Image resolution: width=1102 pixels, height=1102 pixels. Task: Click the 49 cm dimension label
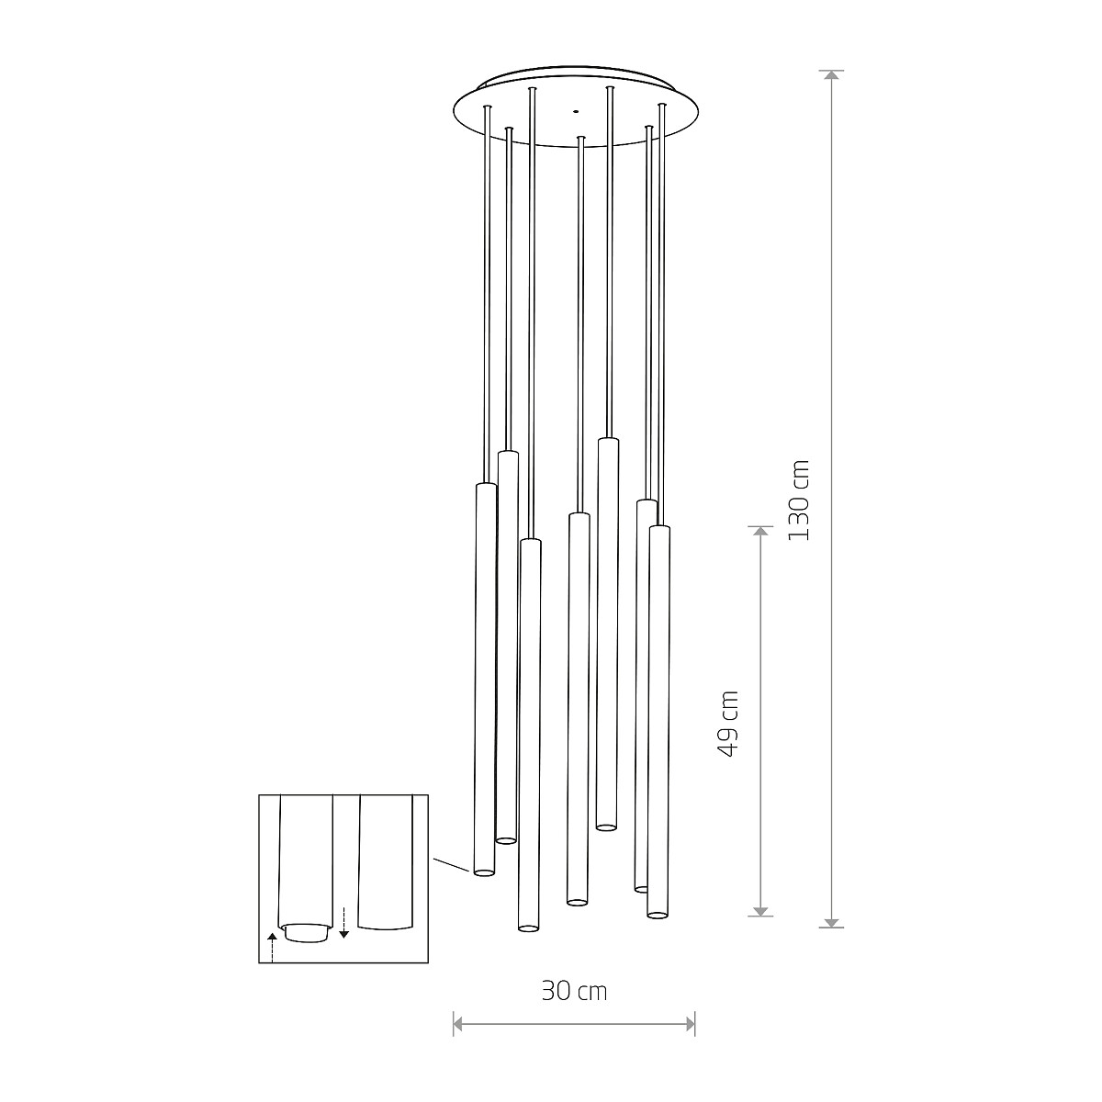(728, 724)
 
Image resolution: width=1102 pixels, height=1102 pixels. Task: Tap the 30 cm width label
(574, 991)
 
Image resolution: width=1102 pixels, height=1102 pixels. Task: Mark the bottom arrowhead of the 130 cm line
(832, 921)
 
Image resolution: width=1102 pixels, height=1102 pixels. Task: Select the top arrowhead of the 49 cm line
(760, 533)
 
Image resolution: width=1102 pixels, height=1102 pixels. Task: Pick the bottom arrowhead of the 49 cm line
(760, 910)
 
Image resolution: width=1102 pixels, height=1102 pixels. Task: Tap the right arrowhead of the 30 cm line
(690, 1023)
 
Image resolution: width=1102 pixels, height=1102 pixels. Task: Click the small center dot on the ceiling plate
(576, 111)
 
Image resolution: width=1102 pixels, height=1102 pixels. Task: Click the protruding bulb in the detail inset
(306, 933)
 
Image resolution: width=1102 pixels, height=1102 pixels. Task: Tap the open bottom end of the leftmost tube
(483, 871)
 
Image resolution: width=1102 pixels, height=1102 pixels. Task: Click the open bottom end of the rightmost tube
(657, 913)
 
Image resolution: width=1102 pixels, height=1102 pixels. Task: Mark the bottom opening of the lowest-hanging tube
(527, 928)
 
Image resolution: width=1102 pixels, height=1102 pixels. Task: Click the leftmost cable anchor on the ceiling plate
(488, 109)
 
